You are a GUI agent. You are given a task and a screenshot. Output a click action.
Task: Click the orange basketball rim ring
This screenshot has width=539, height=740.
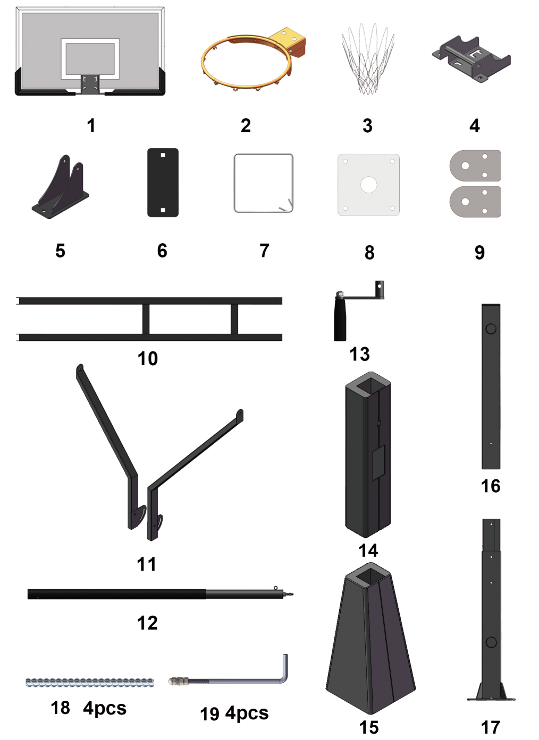click(x=203, y=62)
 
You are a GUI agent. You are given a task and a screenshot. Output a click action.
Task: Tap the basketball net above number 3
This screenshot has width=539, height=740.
click(x=368, y=59)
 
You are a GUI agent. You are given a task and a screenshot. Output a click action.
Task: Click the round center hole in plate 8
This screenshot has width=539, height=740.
click(x=368, y=185)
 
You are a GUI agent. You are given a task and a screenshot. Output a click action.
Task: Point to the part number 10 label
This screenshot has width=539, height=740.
click(x=148, y=359)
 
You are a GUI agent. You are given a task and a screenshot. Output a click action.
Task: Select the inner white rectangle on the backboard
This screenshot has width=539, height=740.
click(x=90, y=59)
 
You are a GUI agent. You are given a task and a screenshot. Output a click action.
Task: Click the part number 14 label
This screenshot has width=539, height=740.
click(x=368, y=550)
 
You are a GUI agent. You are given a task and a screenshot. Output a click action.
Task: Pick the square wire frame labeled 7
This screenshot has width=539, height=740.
click(x=234, y=183)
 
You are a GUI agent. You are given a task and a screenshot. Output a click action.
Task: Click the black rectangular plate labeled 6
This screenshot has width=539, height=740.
click(x=163, y=183)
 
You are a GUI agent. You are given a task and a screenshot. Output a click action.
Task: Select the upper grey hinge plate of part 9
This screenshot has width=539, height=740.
click(x=475, y=166)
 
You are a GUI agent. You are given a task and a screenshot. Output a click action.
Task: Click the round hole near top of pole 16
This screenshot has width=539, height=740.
click(x=491, y=329)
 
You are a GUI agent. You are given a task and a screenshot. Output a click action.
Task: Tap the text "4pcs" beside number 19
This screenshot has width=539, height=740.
click(x=247, y=713)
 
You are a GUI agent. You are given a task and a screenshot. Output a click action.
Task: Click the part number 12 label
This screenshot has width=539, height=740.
click(x=148, y=623)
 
